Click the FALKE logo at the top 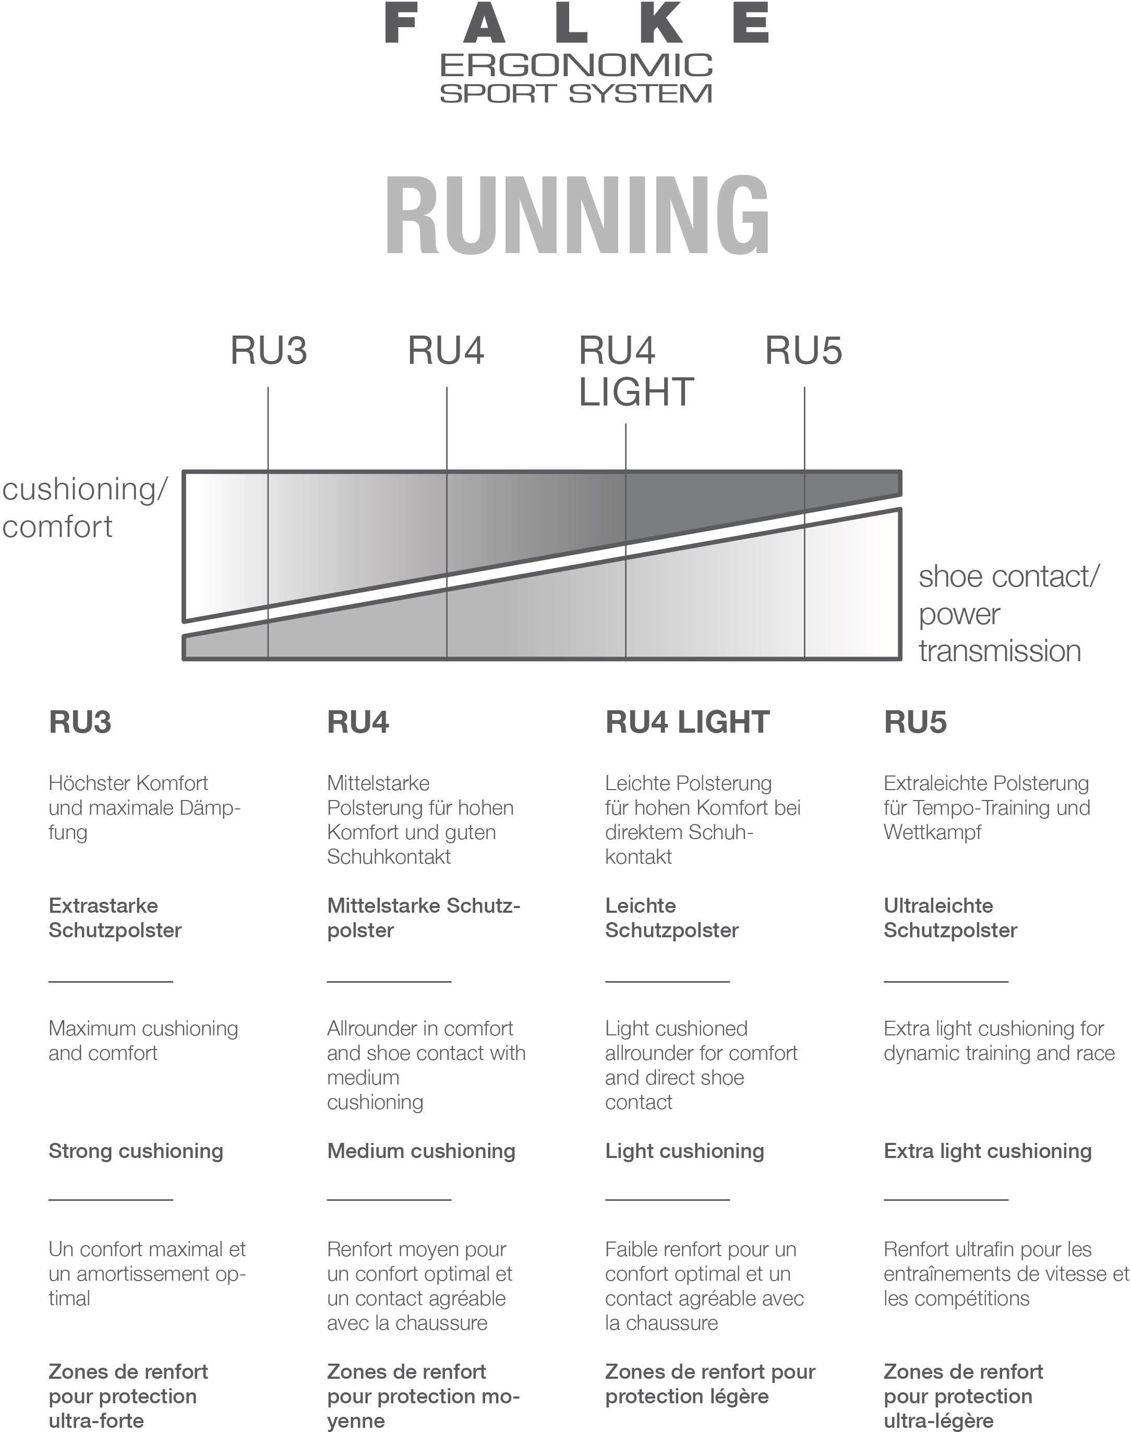[576, 22]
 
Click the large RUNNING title [576, 215]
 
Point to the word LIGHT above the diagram [636, 392]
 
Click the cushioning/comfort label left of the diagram [85, 507]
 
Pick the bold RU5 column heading [915, 722]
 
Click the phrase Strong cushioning [136, 1151]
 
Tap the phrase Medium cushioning [420, 1151]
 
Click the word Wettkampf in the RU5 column [932, 832]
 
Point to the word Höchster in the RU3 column [81, 783]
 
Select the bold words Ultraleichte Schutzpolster [949, 918]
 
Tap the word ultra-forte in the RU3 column [96, 1421]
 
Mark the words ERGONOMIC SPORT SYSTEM [576, 79]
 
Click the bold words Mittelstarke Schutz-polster [423, 918]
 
